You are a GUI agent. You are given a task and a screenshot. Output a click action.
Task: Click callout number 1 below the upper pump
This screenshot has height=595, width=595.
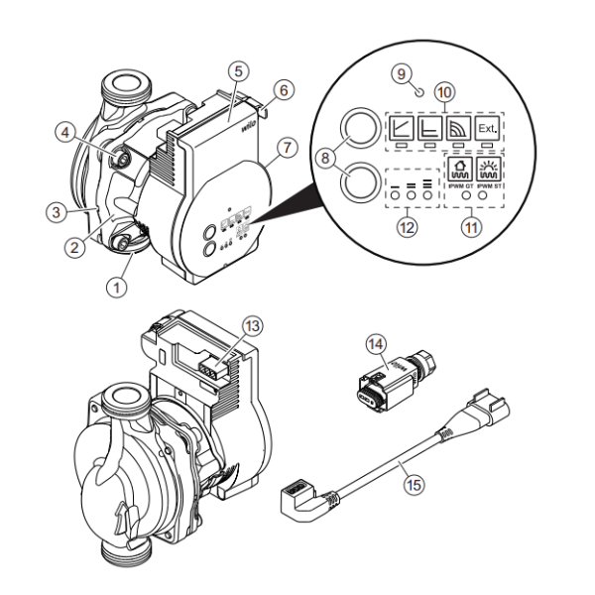116,287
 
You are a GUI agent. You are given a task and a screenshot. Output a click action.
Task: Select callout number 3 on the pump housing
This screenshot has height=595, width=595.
57,211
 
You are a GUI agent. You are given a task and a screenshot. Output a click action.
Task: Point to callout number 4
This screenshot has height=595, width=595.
64,133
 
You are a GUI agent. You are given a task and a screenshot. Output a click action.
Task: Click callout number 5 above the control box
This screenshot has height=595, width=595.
237,71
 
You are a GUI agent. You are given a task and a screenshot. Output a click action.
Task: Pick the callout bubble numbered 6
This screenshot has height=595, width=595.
283,90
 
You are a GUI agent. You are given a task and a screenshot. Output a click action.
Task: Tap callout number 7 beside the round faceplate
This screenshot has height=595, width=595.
286,148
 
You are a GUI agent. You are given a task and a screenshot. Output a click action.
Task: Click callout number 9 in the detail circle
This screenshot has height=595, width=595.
401,74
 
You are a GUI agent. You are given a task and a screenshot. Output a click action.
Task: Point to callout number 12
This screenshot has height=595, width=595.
407,227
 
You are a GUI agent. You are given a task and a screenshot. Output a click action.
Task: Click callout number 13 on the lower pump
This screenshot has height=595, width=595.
253,325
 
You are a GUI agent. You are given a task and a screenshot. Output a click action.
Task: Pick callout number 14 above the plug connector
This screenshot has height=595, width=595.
375,344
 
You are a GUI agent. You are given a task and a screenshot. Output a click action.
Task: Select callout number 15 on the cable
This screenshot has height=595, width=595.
414,485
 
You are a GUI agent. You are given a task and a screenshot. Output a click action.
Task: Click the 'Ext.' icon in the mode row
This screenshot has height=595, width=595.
488,131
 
